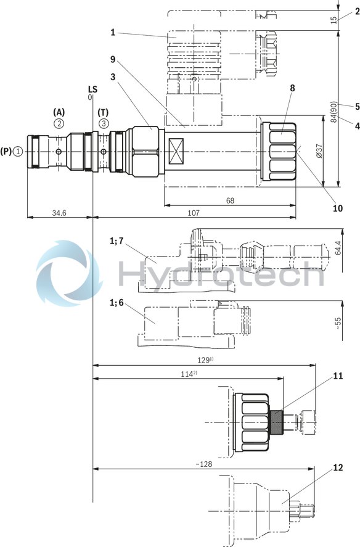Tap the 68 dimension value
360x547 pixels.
pos(229,201)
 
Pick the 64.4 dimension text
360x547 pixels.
pos(337,247)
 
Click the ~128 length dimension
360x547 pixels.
pos(202,464)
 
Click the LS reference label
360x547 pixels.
pos(92,89)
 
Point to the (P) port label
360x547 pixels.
pos(6,150)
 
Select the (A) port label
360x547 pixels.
pos(59,112)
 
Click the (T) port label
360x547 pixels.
pos(104,112)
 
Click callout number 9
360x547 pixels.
pos(113,60)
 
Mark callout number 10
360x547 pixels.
pos(337,208)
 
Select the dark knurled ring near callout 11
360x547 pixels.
pos(277,422)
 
